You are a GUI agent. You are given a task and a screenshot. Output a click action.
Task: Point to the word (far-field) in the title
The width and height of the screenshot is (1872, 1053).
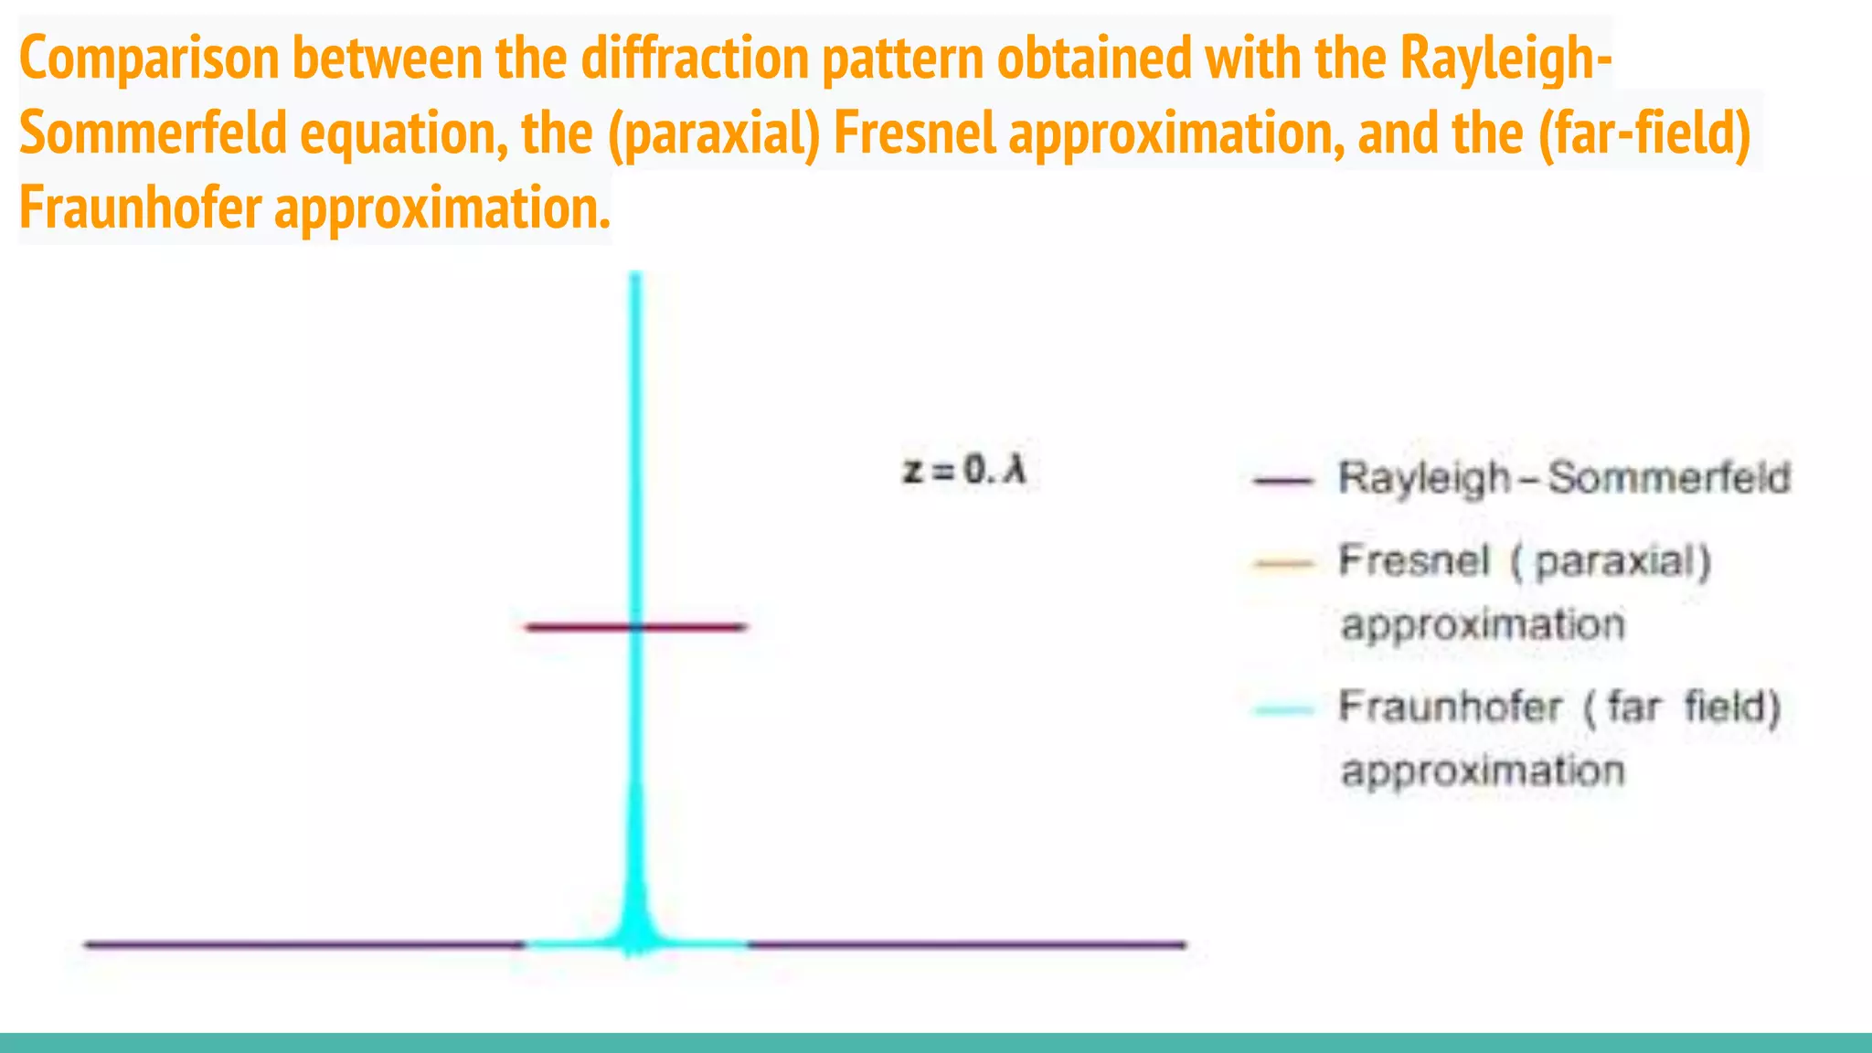click(x=1644, y=133)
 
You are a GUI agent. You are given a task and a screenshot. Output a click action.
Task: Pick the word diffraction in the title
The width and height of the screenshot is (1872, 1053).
click(x=695, y=58)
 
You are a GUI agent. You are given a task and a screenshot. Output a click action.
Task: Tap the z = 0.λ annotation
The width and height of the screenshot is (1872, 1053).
click(x=964, y=471)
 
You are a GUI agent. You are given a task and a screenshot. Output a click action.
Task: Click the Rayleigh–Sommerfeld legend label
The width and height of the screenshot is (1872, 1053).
click(x=1563, y=478)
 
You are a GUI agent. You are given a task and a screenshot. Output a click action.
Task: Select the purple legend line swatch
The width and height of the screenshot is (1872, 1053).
click(x=1282, y=480)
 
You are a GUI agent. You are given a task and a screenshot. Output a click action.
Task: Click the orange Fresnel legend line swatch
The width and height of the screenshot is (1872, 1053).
click(x=1282, y=563)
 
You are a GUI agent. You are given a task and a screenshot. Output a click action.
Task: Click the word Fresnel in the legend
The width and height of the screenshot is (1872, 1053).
click(x=1413, y=560)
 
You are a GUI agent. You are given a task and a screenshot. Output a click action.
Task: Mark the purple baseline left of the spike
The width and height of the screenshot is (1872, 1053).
click(x=302, y=944)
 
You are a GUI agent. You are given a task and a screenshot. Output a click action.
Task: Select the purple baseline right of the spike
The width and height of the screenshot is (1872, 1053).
click(x=969, y=944)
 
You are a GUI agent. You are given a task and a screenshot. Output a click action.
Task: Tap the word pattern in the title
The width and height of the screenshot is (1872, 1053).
click(x=901, y=58)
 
